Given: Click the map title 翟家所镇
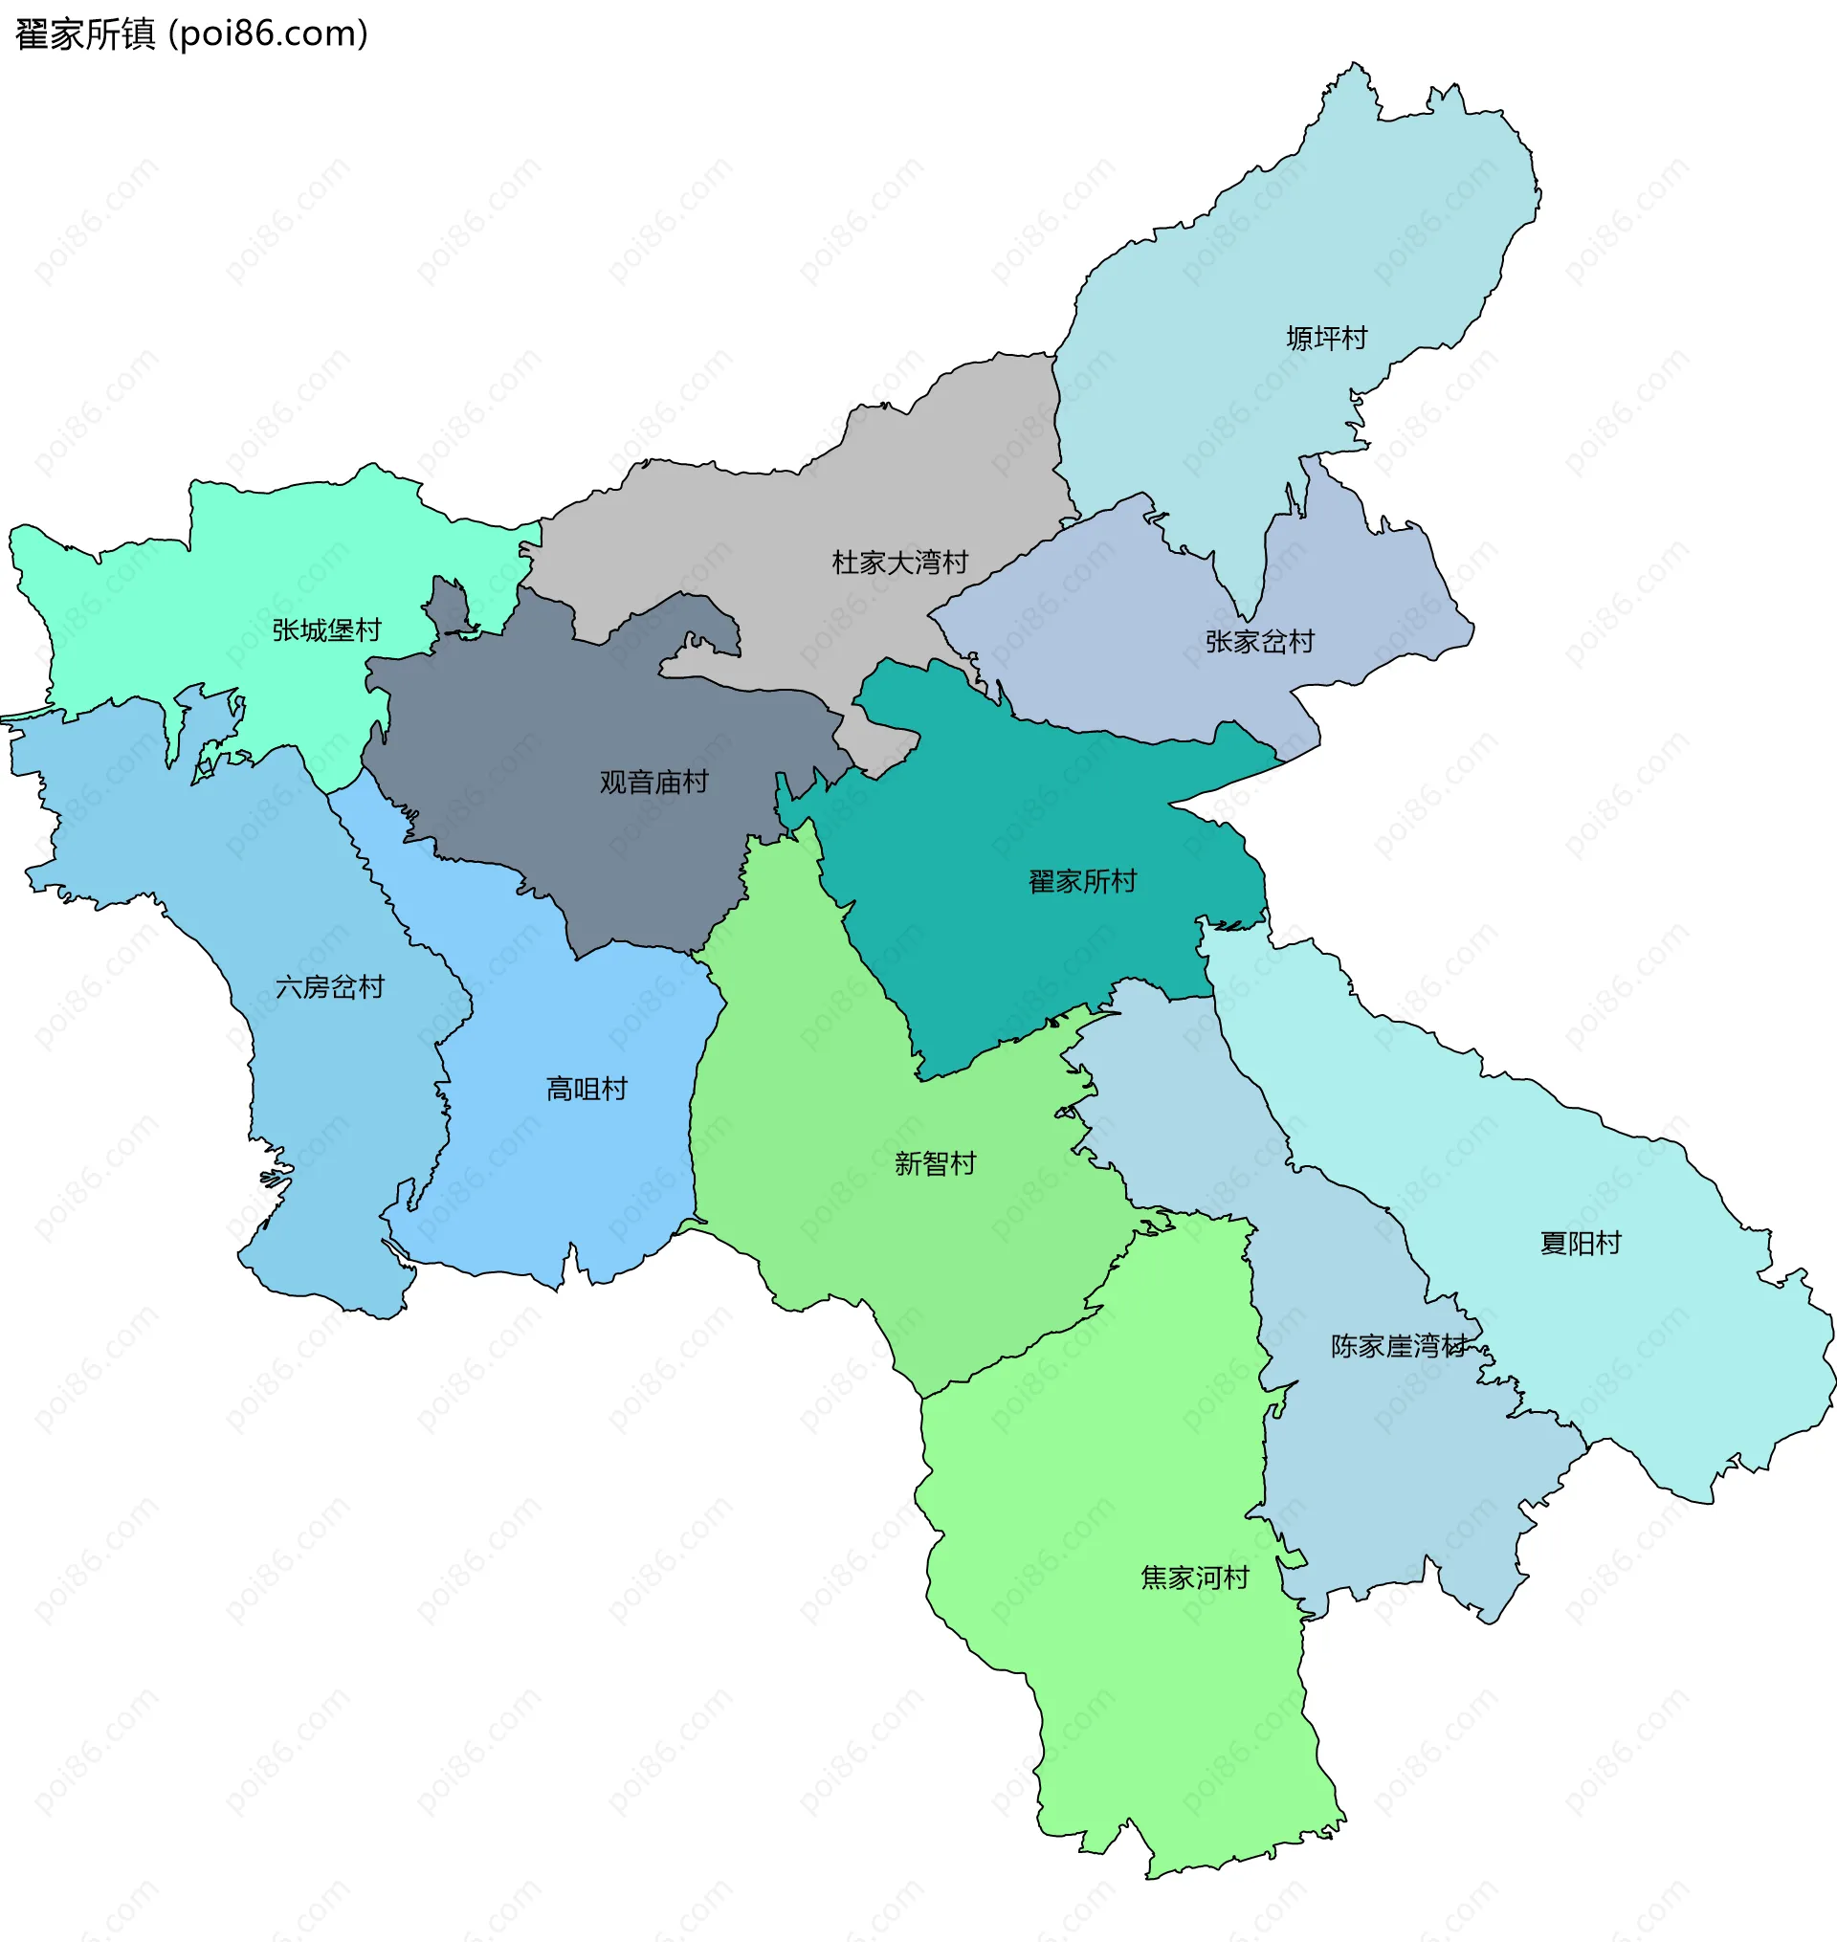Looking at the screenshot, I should click(x=85, y=34).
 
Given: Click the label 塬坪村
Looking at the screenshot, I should click(x=1326, y=338).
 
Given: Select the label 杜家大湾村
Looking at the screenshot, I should click(x=900, y=562).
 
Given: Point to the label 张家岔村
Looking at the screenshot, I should click(x=1259, y=641).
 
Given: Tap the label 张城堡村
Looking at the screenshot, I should click(x=326, y=629).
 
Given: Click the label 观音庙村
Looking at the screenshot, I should click(x=653, y=782).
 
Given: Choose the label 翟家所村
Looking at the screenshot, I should click(x=1082, y=881).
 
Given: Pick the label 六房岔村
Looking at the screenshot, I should click(x=330, y=986).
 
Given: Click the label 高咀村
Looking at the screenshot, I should click(x=587, y=1089).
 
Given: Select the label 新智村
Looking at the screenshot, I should click(x=935, y=1163).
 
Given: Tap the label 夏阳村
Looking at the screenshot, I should click(x=1581, y=1243).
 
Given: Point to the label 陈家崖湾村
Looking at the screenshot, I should click(x=1398, y=1346).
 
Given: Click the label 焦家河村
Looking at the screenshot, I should click(x=1195, y=1578).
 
